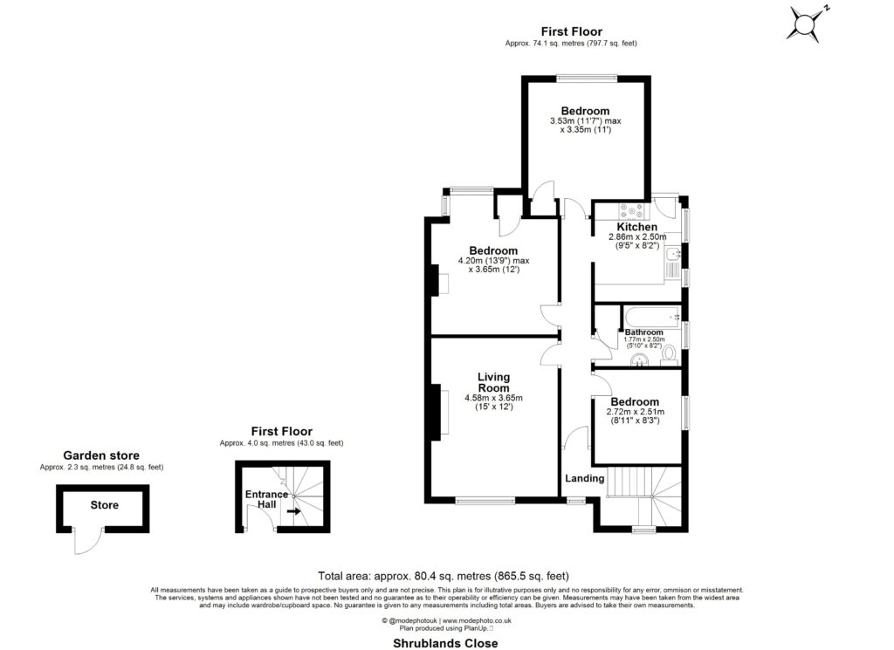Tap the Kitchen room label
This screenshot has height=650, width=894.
[637, 227]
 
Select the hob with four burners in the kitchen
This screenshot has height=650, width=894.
[630, 210]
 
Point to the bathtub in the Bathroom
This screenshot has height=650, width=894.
[650, 315]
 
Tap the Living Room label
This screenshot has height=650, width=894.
[493, 382]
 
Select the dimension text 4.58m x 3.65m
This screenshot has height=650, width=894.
[493, 398]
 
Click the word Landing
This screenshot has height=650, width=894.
[584, 478]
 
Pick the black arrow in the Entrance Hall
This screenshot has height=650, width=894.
[296, 513]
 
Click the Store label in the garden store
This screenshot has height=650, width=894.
[104, 505]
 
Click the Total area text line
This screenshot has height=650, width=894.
[444, 576]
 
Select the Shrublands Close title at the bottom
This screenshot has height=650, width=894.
[444, 643]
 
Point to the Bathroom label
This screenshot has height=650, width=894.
[643, 332]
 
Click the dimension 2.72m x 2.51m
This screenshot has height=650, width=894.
[635, 412]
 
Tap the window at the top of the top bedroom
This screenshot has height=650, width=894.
[586, 78]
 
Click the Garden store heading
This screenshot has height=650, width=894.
[101, 455]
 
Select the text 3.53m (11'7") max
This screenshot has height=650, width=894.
[585, 121]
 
